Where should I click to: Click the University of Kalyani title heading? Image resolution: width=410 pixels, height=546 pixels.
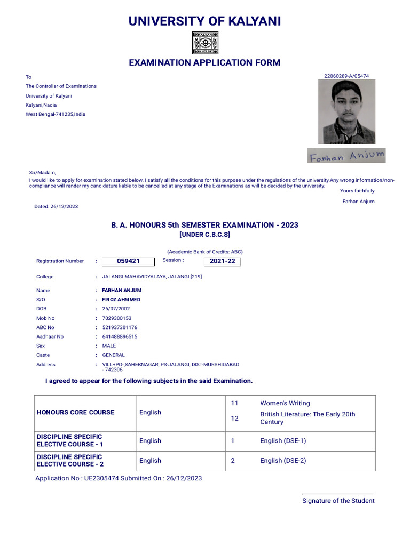(204, 21)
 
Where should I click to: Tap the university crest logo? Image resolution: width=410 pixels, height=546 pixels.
(204, 43)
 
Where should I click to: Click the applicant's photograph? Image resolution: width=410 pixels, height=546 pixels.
(346, 112)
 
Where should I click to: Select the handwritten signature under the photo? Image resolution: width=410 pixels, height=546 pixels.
(346, 156)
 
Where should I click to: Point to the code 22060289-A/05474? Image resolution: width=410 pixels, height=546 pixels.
(346, 76)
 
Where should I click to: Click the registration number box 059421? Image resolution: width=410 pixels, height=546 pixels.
(128, 261)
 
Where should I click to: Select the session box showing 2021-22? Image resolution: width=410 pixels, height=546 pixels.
(222, 261)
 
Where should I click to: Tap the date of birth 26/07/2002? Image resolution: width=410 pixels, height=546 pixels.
(116, 309)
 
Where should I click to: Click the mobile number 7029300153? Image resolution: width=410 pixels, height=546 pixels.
(116, 318)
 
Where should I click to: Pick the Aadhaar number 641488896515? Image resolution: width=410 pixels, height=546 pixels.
(120, 336)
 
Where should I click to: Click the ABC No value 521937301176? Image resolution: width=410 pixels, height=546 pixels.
(120, 327)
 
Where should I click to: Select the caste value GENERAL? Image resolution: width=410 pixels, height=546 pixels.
(113, 355)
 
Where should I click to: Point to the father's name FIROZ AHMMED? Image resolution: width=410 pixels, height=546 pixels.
(121, 300)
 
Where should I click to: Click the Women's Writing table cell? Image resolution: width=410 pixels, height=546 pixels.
(285, 403)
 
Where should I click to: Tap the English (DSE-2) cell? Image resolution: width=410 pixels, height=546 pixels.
(283, 461)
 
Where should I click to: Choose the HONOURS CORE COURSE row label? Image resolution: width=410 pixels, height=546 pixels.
(75, 412)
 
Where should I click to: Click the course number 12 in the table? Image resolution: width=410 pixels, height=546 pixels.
(234, 419)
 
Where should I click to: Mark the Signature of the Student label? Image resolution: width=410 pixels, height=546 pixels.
(338, 501)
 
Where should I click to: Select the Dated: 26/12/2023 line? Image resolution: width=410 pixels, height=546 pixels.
(56, 206)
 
